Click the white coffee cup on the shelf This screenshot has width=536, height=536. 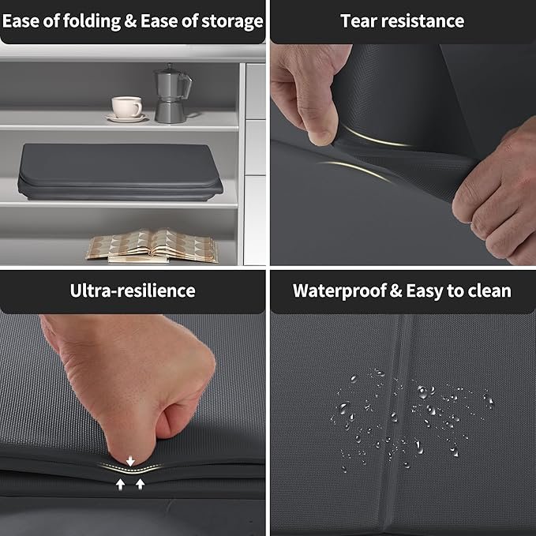click(x=126, y=107)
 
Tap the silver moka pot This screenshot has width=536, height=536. click(x=171, y=93)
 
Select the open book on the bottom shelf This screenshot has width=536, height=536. click(x=152, y=246)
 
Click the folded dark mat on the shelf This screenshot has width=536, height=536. click(x=120, y=171)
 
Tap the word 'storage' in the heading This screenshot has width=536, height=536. click(x=232, y=21)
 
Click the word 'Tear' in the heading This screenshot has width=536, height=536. click(x=358, y=21)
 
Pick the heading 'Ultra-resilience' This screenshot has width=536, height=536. click(x=133, y=290)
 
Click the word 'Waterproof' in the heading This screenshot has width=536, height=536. click(x=339, y=291)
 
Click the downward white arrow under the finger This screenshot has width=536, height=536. click(x=130, y=461)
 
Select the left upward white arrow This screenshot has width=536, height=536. click(x=120, y=485)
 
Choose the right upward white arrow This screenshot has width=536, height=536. click(x=141, y=484)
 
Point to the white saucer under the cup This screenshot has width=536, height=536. click(x=126, y=118)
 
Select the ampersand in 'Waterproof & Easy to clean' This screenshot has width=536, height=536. click(x=395, y=290)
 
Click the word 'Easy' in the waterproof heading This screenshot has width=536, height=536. click(x=424, y=291)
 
